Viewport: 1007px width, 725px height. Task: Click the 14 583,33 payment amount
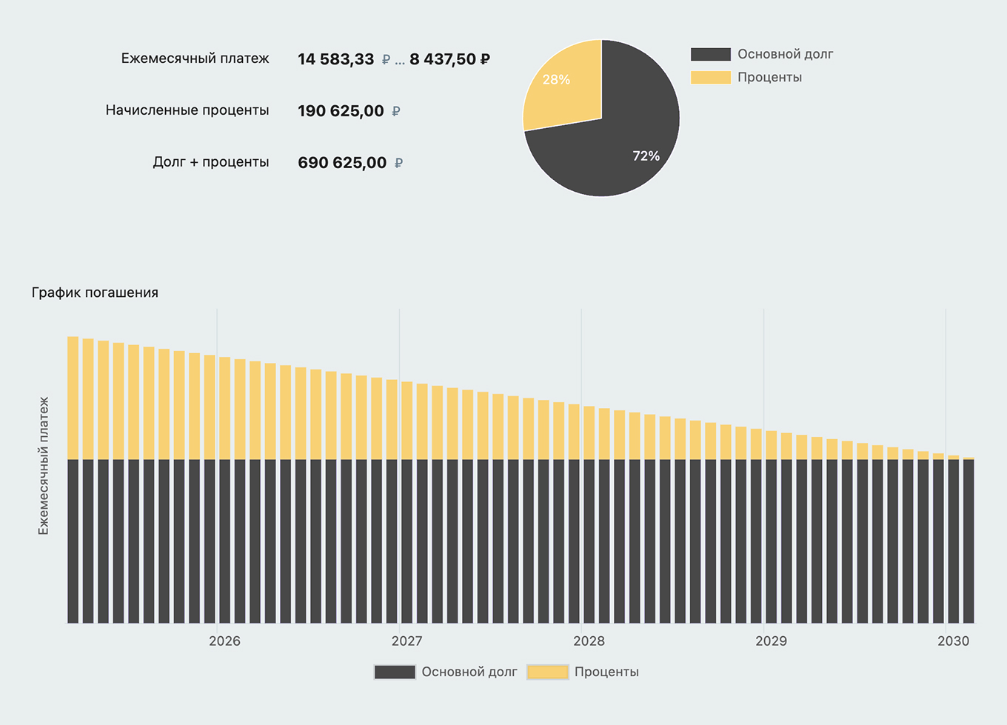click(335, 59)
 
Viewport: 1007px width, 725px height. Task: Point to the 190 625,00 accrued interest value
click(341, 111)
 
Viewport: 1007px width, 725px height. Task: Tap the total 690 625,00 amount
click(342, 163)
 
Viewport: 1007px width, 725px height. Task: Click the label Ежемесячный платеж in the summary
click(195, 59)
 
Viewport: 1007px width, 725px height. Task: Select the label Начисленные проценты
click(187, 110)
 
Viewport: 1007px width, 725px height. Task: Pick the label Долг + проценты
click(210, 162)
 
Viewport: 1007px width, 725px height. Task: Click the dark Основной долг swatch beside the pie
click(710, 54)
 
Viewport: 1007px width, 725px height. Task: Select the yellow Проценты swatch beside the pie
click(710, 77)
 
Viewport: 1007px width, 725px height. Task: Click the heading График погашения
click(95, 293)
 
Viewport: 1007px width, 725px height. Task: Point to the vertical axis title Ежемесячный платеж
click(44, 465)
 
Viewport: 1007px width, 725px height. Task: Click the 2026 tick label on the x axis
click(224, 641)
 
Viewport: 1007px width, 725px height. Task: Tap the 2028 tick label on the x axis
click(589, 641)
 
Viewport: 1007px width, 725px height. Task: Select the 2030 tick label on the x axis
click(953, 641)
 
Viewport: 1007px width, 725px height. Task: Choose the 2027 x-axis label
click(407, 641)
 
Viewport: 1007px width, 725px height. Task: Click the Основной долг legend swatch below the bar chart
click(395, 672)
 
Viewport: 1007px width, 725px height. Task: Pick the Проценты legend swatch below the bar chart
click(547, 672)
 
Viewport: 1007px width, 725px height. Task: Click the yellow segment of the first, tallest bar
click(73, 398)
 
